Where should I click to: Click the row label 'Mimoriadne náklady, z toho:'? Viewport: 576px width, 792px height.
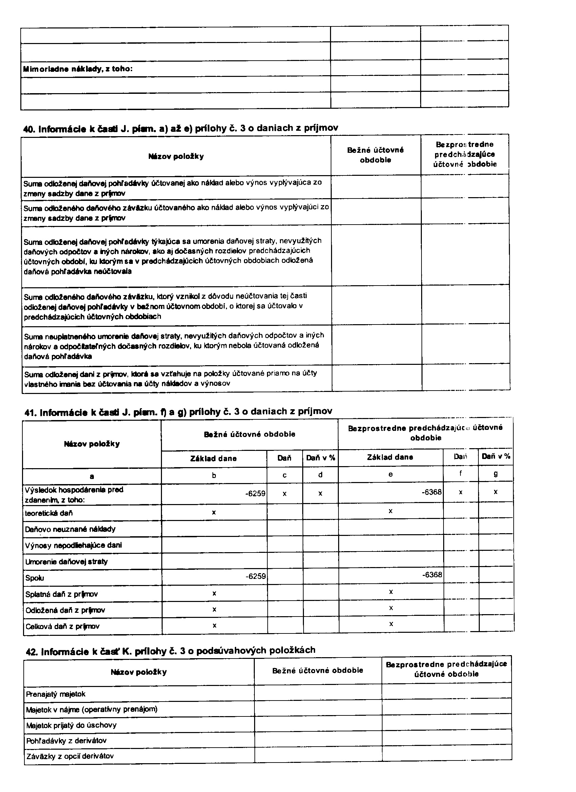point(78,69)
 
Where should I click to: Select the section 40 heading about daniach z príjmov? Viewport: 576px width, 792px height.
point(181,128)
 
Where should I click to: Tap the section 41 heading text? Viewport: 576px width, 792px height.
point(178,412)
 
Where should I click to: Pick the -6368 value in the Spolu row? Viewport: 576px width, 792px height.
point(432,575)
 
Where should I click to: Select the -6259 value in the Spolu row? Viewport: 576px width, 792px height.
point(256,576)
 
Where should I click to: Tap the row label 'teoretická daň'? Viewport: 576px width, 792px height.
point(49,513)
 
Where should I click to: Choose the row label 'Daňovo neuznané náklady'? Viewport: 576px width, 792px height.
point(70,529)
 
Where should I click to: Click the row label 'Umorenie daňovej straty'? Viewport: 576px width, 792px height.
point(66,562)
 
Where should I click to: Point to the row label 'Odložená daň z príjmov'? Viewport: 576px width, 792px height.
point(65,610)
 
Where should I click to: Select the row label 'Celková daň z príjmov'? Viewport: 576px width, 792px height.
point(63,626)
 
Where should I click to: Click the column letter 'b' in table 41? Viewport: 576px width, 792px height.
point(214,475)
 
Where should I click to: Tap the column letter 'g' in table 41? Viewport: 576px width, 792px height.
point(496,474)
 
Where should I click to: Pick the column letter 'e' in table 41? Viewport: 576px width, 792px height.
point(391,474)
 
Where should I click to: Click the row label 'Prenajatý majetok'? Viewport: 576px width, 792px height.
point(56,694)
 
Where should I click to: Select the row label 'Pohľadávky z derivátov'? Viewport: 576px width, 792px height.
point(66,740)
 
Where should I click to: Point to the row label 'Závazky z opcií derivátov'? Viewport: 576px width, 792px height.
point(70,756)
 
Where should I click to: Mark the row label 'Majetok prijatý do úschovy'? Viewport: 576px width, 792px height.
point(71,725)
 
